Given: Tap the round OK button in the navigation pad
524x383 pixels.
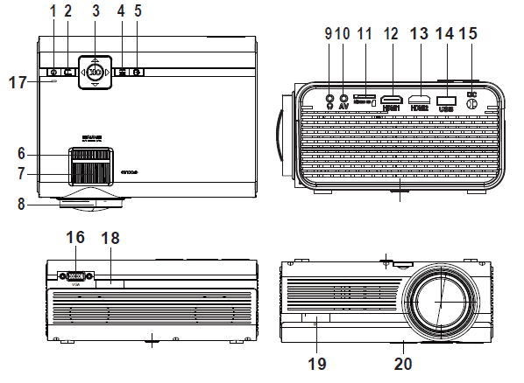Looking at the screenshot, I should click(95, 72).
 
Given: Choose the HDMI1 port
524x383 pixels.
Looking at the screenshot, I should click(391, 101).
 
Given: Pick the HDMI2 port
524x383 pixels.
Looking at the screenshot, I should click(421, 101).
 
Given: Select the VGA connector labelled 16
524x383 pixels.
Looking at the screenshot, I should click(75, 276).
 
